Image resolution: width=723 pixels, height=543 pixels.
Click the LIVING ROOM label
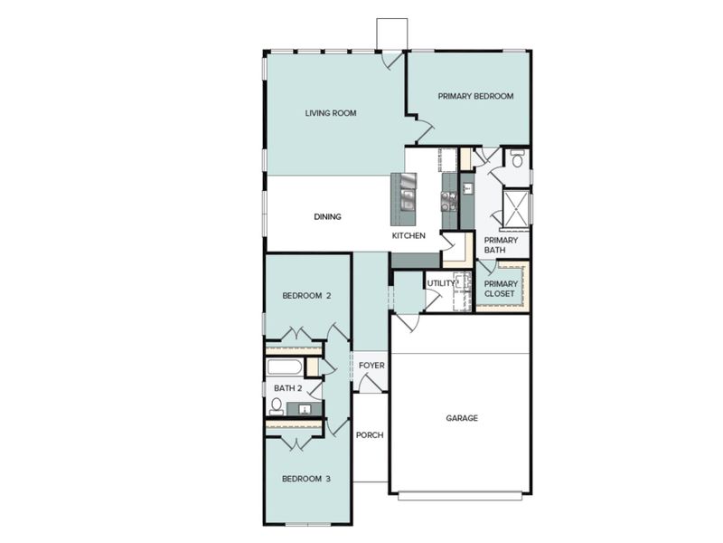(x=330, y=113)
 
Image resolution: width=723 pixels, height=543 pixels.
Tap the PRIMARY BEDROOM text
(x=475, y=96)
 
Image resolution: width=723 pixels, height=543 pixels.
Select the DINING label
(x=327, y=216)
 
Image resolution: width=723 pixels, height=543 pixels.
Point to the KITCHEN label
(x=408, y=235)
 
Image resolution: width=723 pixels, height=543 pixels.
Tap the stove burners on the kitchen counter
(x=448, y=193)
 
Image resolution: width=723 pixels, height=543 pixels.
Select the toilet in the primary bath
(x=518, y=159)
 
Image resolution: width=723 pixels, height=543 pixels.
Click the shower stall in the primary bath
(x=516, y=207)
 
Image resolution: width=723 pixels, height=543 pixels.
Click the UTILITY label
(x=442, y=283)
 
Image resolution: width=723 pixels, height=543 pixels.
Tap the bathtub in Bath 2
(x=285, y=367)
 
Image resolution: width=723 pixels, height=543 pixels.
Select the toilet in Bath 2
(x=277, y=405)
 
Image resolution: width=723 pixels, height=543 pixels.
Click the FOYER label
(x=371, y=366)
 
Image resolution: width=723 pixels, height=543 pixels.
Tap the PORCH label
(x=370, y=434)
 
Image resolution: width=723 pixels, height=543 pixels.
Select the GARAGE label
(x=462, y=418)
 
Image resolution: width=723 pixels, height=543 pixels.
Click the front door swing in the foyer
(x=369, y=384)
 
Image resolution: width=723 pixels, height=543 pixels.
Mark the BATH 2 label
(x=287, y=388)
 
